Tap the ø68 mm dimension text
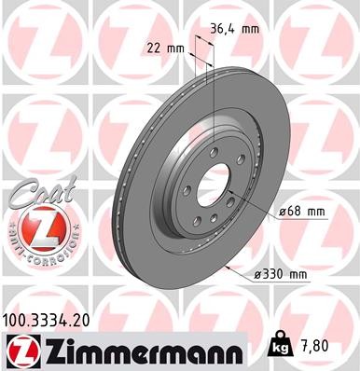pos(301,212)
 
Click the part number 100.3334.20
pos(47,320)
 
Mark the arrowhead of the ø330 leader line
pos(228,265)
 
